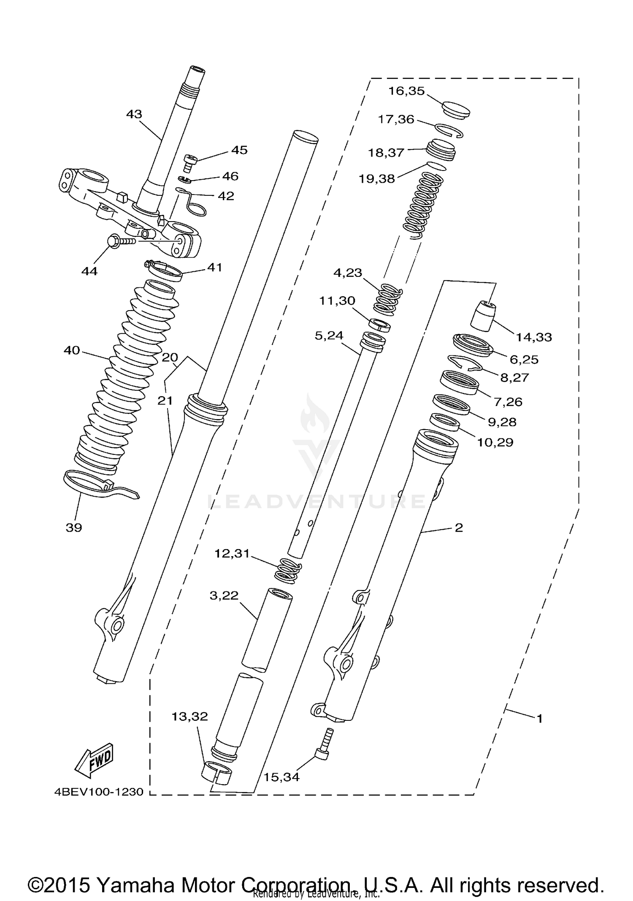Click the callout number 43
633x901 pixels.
point(134,114)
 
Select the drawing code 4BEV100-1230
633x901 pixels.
point(99,792)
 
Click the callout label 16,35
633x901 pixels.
point(406,91)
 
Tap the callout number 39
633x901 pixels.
point(74,528)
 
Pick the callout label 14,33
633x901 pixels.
point(534,337)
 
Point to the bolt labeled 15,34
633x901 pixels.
point(324,744)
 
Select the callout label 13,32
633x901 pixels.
point(189,716)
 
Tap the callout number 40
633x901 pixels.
point(72,350)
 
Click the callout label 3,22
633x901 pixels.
point(224,595)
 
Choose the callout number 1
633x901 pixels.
point(539,718)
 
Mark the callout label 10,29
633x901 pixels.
point(495,442)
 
